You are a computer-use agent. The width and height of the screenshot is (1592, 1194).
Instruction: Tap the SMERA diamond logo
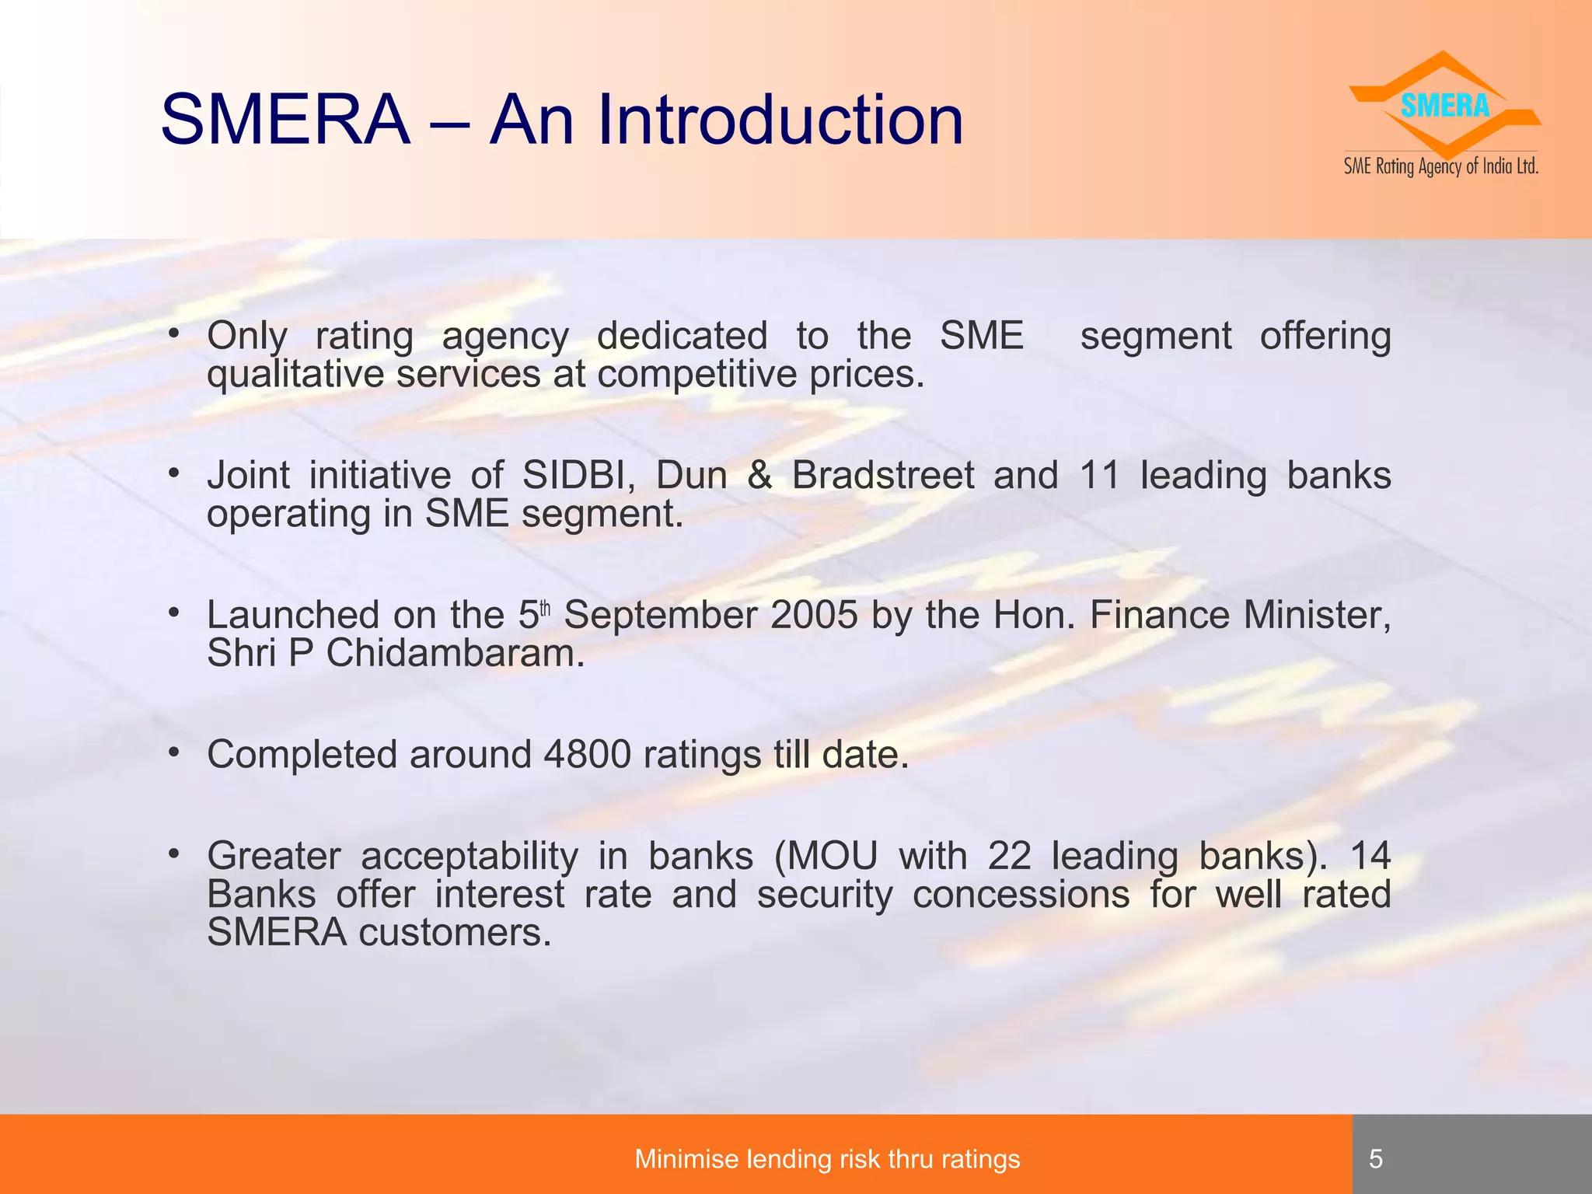coord(1444,106)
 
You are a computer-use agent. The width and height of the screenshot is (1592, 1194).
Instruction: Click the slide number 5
coord(1376,1159)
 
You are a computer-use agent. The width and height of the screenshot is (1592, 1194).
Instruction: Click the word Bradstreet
coord(882,475)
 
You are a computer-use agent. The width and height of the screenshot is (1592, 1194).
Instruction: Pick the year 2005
coord(814,615)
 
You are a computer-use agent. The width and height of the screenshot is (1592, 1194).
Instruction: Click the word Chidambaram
coord(455,653)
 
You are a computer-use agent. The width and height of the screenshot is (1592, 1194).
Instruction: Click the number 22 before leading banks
coord(1009,856)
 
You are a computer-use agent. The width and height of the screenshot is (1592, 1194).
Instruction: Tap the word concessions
coord(1021,894)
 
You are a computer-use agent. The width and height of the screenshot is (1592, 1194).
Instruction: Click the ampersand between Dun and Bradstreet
coord(759,475)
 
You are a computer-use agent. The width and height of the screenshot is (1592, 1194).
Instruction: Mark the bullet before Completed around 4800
coord(174,752)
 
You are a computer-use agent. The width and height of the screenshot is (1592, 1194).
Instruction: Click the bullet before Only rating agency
coord(174,334)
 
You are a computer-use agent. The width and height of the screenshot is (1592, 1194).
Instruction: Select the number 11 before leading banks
coord(1099,475)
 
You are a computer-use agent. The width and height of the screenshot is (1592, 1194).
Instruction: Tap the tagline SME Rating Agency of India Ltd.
coord(1441,166)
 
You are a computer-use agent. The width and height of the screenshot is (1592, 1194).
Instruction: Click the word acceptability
coord(470,856)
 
